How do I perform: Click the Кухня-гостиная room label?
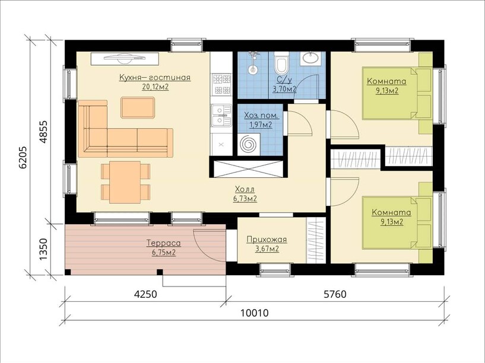[155, 77]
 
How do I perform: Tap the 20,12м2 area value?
[156, 87]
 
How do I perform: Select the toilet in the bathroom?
[281, 63]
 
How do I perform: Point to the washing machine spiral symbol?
[249, 144]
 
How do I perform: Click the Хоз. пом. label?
[261, 116]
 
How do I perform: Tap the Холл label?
[245, 189]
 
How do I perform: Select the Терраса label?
[164, 243]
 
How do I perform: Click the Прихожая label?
[267, 240]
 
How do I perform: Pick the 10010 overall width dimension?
[255, 313]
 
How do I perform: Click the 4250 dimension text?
[145, 294]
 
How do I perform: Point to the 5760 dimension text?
[335, 294]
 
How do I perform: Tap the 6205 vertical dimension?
[24, 157]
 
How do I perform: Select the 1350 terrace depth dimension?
[43, 249]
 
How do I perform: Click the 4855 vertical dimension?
[43, 131]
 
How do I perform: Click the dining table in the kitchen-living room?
[125, 182]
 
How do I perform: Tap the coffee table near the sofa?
[138, 107]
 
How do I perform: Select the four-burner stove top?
[221, 84]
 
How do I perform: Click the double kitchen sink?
[221, 115]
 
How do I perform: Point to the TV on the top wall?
[125, 58]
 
